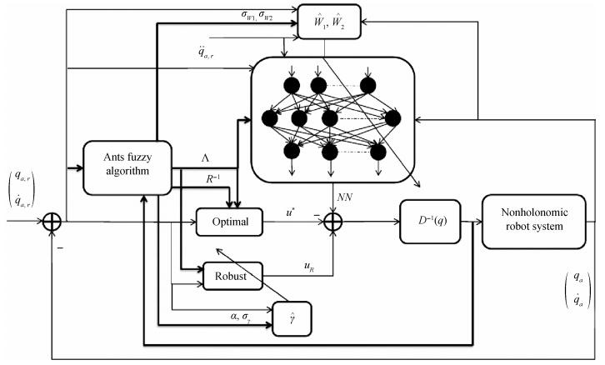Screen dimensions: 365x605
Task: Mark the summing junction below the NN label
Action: (x=333, y=222)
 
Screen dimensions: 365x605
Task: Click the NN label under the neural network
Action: (x=344, y=197)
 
